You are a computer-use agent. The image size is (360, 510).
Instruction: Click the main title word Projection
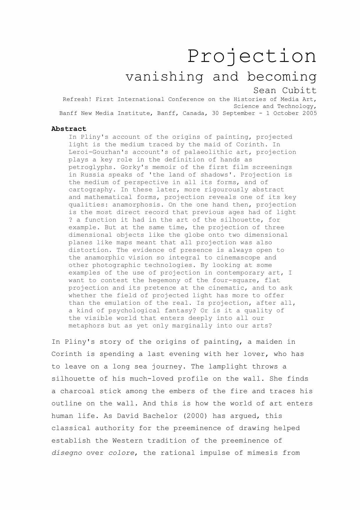click(x=252, y=56)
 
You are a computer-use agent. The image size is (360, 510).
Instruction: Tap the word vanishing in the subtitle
click(x=164, y=77)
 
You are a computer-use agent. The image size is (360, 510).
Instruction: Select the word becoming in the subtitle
click(x=282, y=77)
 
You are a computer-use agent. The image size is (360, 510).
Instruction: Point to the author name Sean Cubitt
click(x=285, y=90)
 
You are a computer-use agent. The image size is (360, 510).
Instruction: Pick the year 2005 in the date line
click(x=309, y=113)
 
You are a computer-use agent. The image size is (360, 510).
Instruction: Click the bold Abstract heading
click(x=69, y=129)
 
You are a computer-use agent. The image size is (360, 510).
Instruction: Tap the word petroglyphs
click(x=90, y=167)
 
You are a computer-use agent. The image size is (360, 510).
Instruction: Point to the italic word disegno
click(x=67, y=453)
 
